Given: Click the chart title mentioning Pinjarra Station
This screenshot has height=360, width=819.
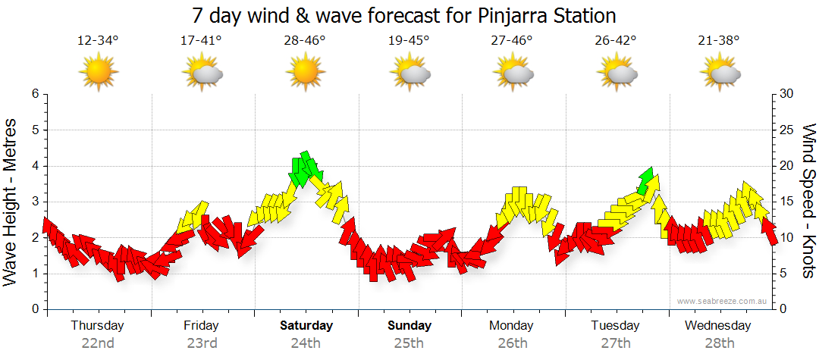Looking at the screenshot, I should coord(403,15).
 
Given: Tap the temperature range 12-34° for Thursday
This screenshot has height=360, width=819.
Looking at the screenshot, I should coord(98,40).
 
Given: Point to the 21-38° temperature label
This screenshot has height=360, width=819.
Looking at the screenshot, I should coord(719,40).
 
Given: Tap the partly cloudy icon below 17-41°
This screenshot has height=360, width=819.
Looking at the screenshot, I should coord(202,73).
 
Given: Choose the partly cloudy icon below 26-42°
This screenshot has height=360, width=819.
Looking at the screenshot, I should coord(616,73).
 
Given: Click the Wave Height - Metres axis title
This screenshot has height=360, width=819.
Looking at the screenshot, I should coord(11,202).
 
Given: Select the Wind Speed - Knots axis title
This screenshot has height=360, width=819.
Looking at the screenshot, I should coord(808,202).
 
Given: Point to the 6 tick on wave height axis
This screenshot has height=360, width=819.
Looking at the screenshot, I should coord(35,94).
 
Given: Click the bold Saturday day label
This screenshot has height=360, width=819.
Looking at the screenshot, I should coord(306,326).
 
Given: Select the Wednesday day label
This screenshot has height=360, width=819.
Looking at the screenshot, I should coord(717,326).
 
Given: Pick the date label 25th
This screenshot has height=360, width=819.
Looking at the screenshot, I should coord(409,343).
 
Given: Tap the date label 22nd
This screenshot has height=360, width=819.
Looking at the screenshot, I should coord(98,343).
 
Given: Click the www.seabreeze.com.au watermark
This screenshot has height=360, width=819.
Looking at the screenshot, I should coord(723,301).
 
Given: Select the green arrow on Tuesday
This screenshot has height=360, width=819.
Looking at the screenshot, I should coord(647,180).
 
